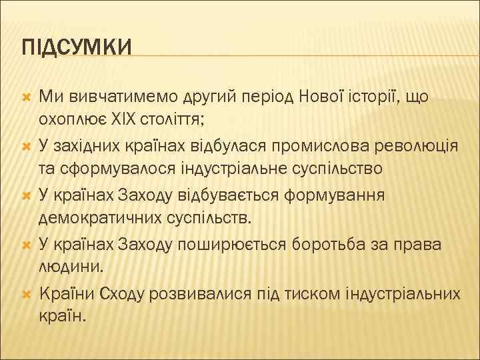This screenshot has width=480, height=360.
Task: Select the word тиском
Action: tap(327, 294)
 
